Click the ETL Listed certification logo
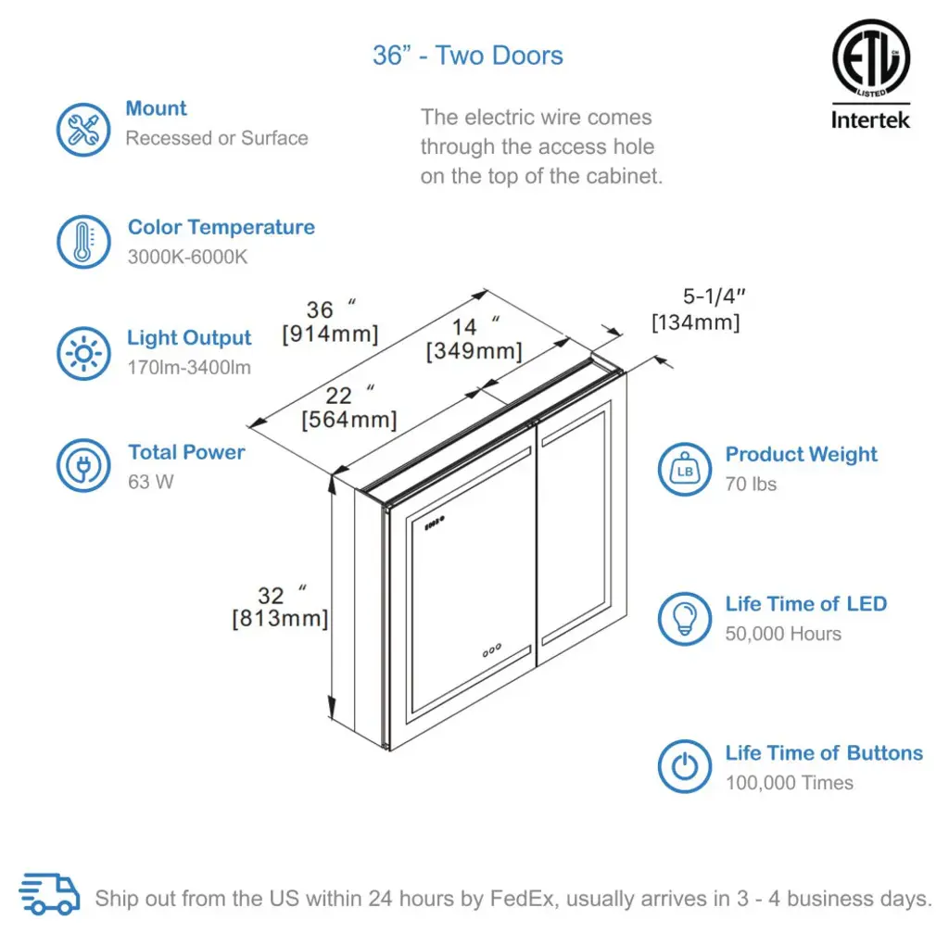tap(870, 60)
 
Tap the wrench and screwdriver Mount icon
tap(83, 129)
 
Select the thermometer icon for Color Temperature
tap(83, 243)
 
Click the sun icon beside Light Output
tap(83, 353)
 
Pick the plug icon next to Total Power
tap(83, 465)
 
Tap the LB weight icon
tap(684, 469)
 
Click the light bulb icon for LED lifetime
tap(684, 618)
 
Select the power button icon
tap(684, 767)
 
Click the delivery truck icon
tap(50, 895)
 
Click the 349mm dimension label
tap(474, 352)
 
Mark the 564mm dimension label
tap(348, 420)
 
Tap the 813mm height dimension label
tap(280, 618)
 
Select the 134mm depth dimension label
tap(695, 322)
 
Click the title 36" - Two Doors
tap(468, 56)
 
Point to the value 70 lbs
tap(751, 484)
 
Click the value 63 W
tap(151, 482)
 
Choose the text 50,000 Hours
tap(783, 634)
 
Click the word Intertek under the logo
tap(870, 120)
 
